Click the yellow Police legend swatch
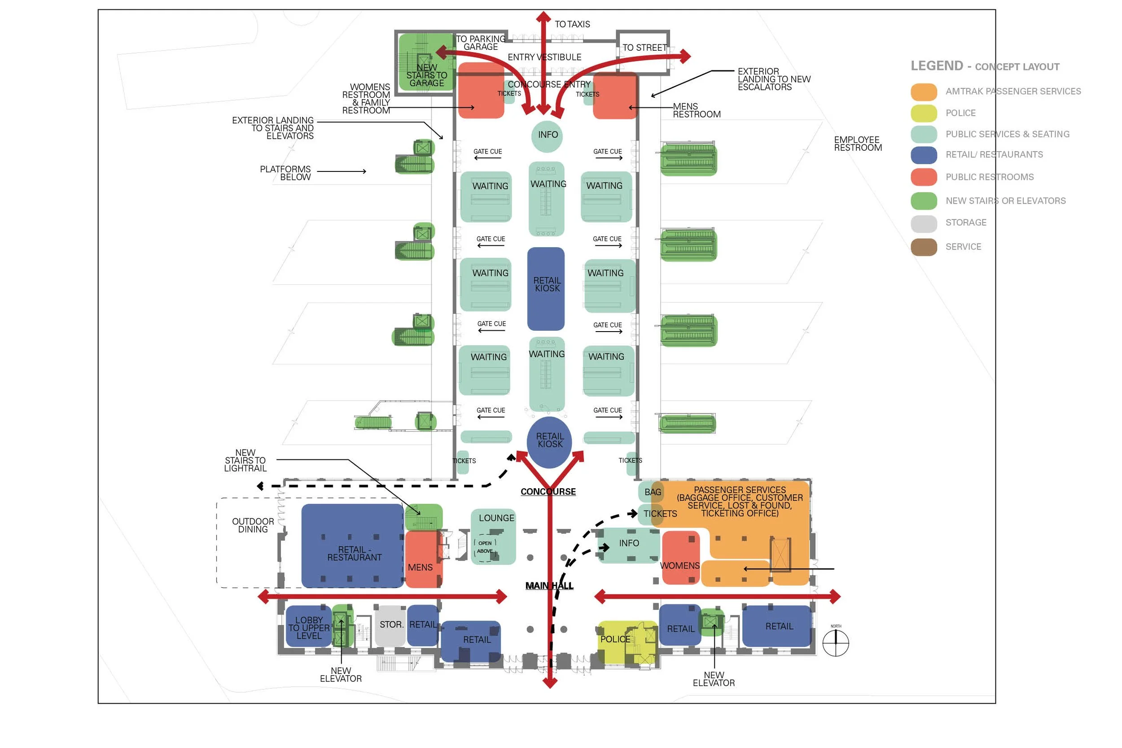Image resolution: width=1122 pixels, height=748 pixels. tap(924, 113)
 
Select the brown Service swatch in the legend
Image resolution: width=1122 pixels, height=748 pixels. tap(924, 247)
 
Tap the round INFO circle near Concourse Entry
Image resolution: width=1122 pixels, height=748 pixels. tap(547, 136)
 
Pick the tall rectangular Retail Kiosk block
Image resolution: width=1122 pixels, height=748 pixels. tap(546, 289)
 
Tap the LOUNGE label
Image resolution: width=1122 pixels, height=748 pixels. tap(496, 518)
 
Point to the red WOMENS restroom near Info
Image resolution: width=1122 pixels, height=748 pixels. tap(680, 558)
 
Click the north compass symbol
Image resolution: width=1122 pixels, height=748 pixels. tap(835, 643)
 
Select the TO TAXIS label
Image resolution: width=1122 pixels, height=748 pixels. tap(572, 24)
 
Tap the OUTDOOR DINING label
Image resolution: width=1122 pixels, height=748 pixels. tap(253, 525)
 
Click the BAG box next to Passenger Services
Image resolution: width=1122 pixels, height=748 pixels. tap(652, 492)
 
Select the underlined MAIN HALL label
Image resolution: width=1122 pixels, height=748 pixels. tap(549, 586)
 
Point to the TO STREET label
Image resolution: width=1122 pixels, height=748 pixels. tap(644, 48)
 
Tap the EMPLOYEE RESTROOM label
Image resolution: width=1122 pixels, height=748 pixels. tap(857, 144)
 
